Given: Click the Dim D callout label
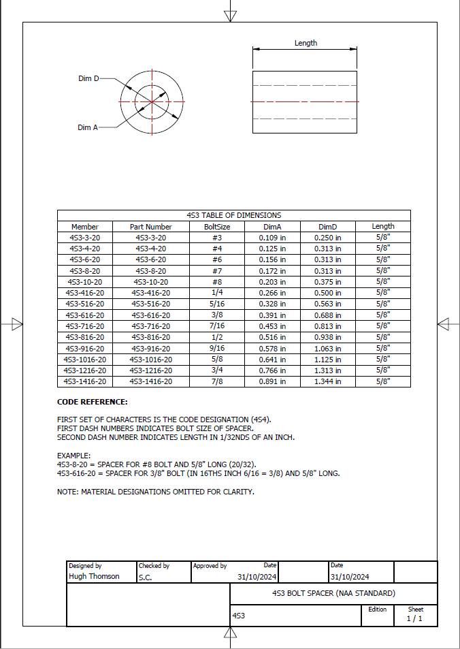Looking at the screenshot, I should point(88,79).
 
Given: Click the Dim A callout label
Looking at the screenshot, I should point(88,127).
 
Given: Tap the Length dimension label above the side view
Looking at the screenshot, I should point(306,43).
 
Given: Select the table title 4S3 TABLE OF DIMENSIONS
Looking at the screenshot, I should point(233,215).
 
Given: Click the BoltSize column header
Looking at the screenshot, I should point(217,227).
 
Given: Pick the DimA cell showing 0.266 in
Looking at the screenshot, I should point(272,293).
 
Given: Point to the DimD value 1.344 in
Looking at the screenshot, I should point(328,381).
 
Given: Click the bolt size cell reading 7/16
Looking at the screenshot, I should point(217,326).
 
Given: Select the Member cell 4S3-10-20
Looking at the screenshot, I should point(85,282).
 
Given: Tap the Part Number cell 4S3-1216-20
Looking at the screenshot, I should point(151,370).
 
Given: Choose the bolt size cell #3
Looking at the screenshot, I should point(217,238).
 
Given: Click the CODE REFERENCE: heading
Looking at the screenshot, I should point(92,402).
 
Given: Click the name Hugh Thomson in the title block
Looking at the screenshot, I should point(94,576).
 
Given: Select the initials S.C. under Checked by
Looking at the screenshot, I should point(145,577).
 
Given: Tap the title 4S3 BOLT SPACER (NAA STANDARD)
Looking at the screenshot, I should point(333,593).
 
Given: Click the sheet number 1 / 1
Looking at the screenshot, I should point(414,618).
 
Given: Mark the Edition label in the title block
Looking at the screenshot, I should point(377,610).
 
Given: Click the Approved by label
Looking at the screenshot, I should point(210,566).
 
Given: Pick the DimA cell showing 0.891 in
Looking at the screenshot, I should point(272,381).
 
